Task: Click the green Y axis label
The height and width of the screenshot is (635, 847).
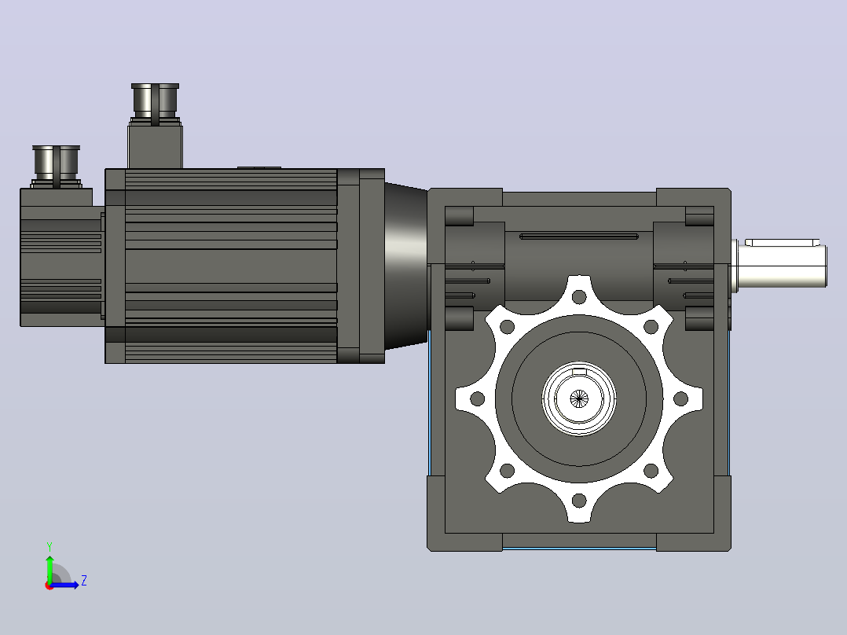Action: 49,546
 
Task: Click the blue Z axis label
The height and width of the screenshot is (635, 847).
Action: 84,581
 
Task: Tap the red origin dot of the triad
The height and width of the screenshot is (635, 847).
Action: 49,585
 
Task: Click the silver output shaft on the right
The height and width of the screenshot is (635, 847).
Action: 779,263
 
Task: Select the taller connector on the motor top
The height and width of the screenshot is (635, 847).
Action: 155,104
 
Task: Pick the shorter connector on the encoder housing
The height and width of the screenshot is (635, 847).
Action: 57,166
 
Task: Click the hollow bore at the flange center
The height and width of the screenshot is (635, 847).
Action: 579,398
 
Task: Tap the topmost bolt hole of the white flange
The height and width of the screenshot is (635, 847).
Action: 579,297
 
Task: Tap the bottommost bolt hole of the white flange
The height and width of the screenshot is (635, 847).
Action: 579,501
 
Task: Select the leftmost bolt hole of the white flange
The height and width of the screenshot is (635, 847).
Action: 478,399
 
